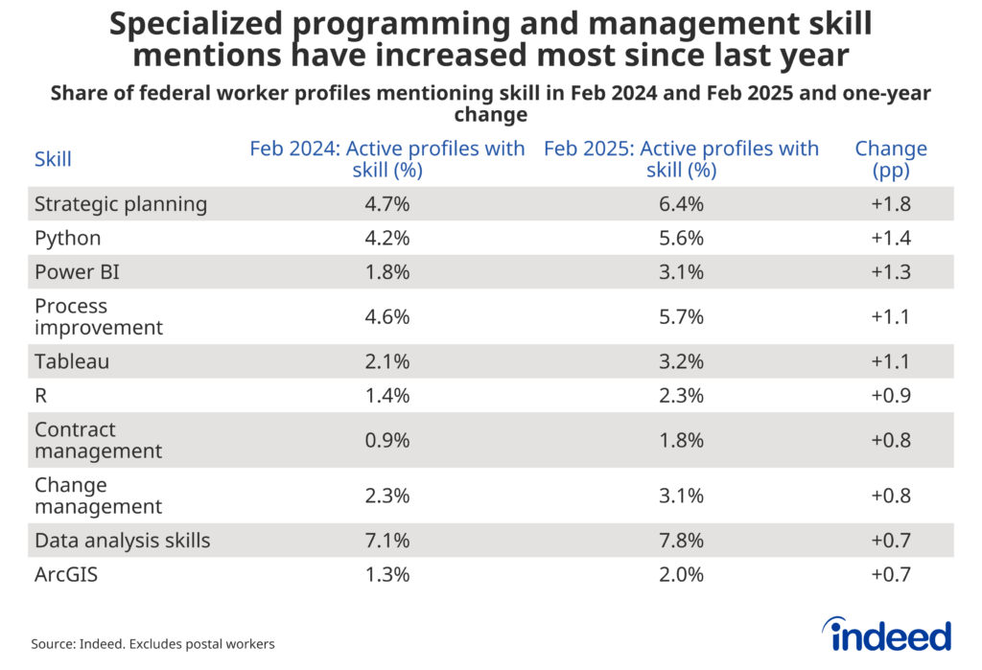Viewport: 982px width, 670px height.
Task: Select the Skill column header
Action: point(53,159)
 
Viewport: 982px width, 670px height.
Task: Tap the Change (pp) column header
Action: point(890,159)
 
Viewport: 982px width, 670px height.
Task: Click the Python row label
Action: point(67,238)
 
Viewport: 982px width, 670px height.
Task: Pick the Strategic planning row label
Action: point(121,203)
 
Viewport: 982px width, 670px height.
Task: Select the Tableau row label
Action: point(71,361)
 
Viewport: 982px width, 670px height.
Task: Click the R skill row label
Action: point(41,395)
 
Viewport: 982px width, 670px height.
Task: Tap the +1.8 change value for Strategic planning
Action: point(890,203)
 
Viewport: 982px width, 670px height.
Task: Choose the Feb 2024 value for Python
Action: point(387,238)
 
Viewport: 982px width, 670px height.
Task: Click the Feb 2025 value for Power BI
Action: point(681,272)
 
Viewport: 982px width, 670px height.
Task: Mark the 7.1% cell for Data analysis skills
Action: point(387,541)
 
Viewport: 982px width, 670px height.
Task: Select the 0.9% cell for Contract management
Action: point(387,440)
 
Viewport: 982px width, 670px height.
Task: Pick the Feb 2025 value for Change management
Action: point(681,496)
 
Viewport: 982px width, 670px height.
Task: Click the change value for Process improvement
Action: point(890,316)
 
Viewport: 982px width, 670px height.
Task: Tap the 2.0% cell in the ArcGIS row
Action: point(681,574)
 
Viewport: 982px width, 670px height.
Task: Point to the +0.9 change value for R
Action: point(890,395)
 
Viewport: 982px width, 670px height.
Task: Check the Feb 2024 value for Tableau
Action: point(387,361)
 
